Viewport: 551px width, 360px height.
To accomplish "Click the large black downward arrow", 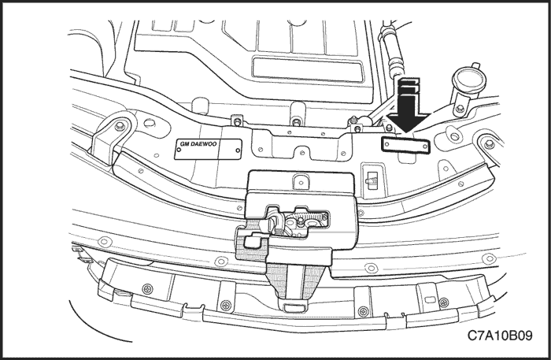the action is coord(408,106).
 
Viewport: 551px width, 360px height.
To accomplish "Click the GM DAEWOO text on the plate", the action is coord(198,144).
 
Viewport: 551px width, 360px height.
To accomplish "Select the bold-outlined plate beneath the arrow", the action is coord(405,145).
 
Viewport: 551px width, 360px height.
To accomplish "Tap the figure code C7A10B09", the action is coord(500,336).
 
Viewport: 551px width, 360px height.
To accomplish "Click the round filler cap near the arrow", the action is coord(468,80).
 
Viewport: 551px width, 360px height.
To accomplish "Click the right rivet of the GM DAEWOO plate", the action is coord(238,150).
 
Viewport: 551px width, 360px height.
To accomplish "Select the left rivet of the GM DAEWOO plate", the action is coord(179,150).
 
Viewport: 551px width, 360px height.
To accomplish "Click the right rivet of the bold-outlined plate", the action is coord(425,147).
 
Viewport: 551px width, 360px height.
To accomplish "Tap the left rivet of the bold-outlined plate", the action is coord(387,144).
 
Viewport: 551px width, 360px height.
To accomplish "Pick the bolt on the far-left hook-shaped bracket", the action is coord(119,125).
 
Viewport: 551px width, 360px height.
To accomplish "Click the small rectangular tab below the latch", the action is coord(294,308).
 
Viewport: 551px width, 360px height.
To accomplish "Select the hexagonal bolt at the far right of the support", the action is coord(489,144).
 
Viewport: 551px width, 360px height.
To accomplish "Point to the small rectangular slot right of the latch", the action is coord(371,180).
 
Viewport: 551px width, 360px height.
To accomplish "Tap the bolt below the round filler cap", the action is coord(460,109).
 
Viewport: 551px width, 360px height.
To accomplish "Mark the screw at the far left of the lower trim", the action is coord(148,289).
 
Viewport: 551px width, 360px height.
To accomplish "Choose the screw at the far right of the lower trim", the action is coord(444,302).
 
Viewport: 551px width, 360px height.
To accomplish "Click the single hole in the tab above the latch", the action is coord(301,183).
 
